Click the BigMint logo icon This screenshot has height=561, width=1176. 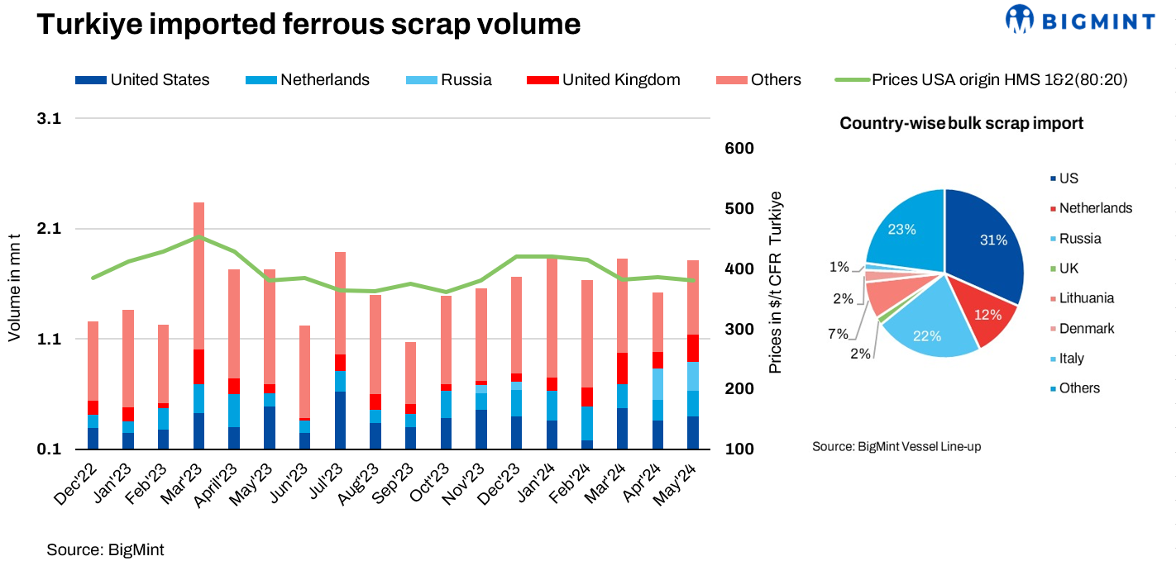1020,19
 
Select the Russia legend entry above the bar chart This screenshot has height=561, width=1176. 466,80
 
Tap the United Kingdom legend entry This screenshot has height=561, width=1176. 620,80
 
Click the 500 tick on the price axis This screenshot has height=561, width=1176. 741,208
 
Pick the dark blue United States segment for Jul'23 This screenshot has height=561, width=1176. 340,420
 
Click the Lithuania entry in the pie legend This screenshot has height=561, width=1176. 1086,298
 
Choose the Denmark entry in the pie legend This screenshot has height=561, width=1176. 1086,328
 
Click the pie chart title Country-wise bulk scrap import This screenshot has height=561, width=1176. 961,123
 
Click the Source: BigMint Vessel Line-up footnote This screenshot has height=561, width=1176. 896,446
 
